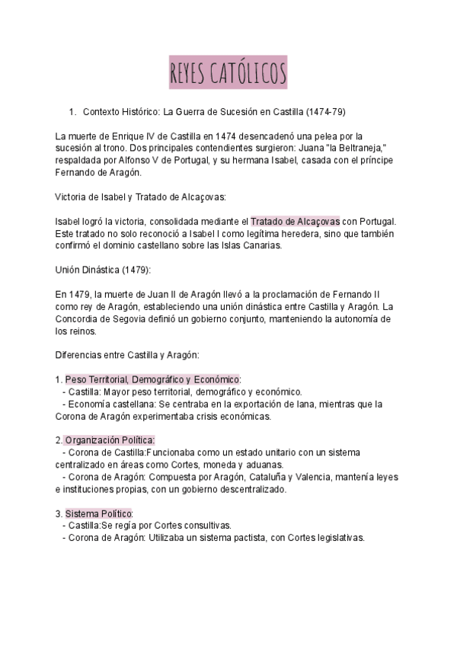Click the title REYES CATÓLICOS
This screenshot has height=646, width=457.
tap(228, 75)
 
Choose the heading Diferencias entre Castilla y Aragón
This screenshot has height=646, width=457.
tap(126, 357)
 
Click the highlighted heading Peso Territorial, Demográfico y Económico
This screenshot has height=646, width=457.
tap(152, 379)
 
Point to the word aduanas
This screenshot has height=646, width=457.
tap(264, 465)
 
